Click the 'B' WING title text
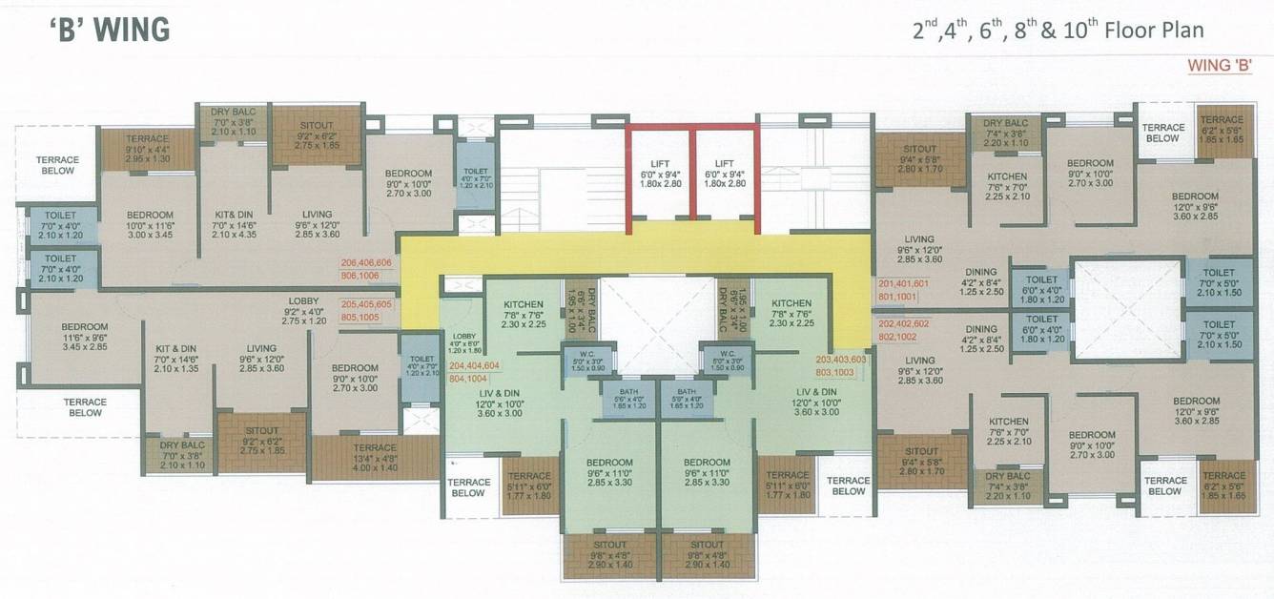110,30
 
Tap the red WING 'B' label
1218,66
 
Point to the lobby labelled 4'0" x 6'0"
463,342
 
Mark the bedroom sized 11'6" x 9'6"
84,338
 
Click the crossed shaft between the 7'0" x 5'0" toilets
1126,308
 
